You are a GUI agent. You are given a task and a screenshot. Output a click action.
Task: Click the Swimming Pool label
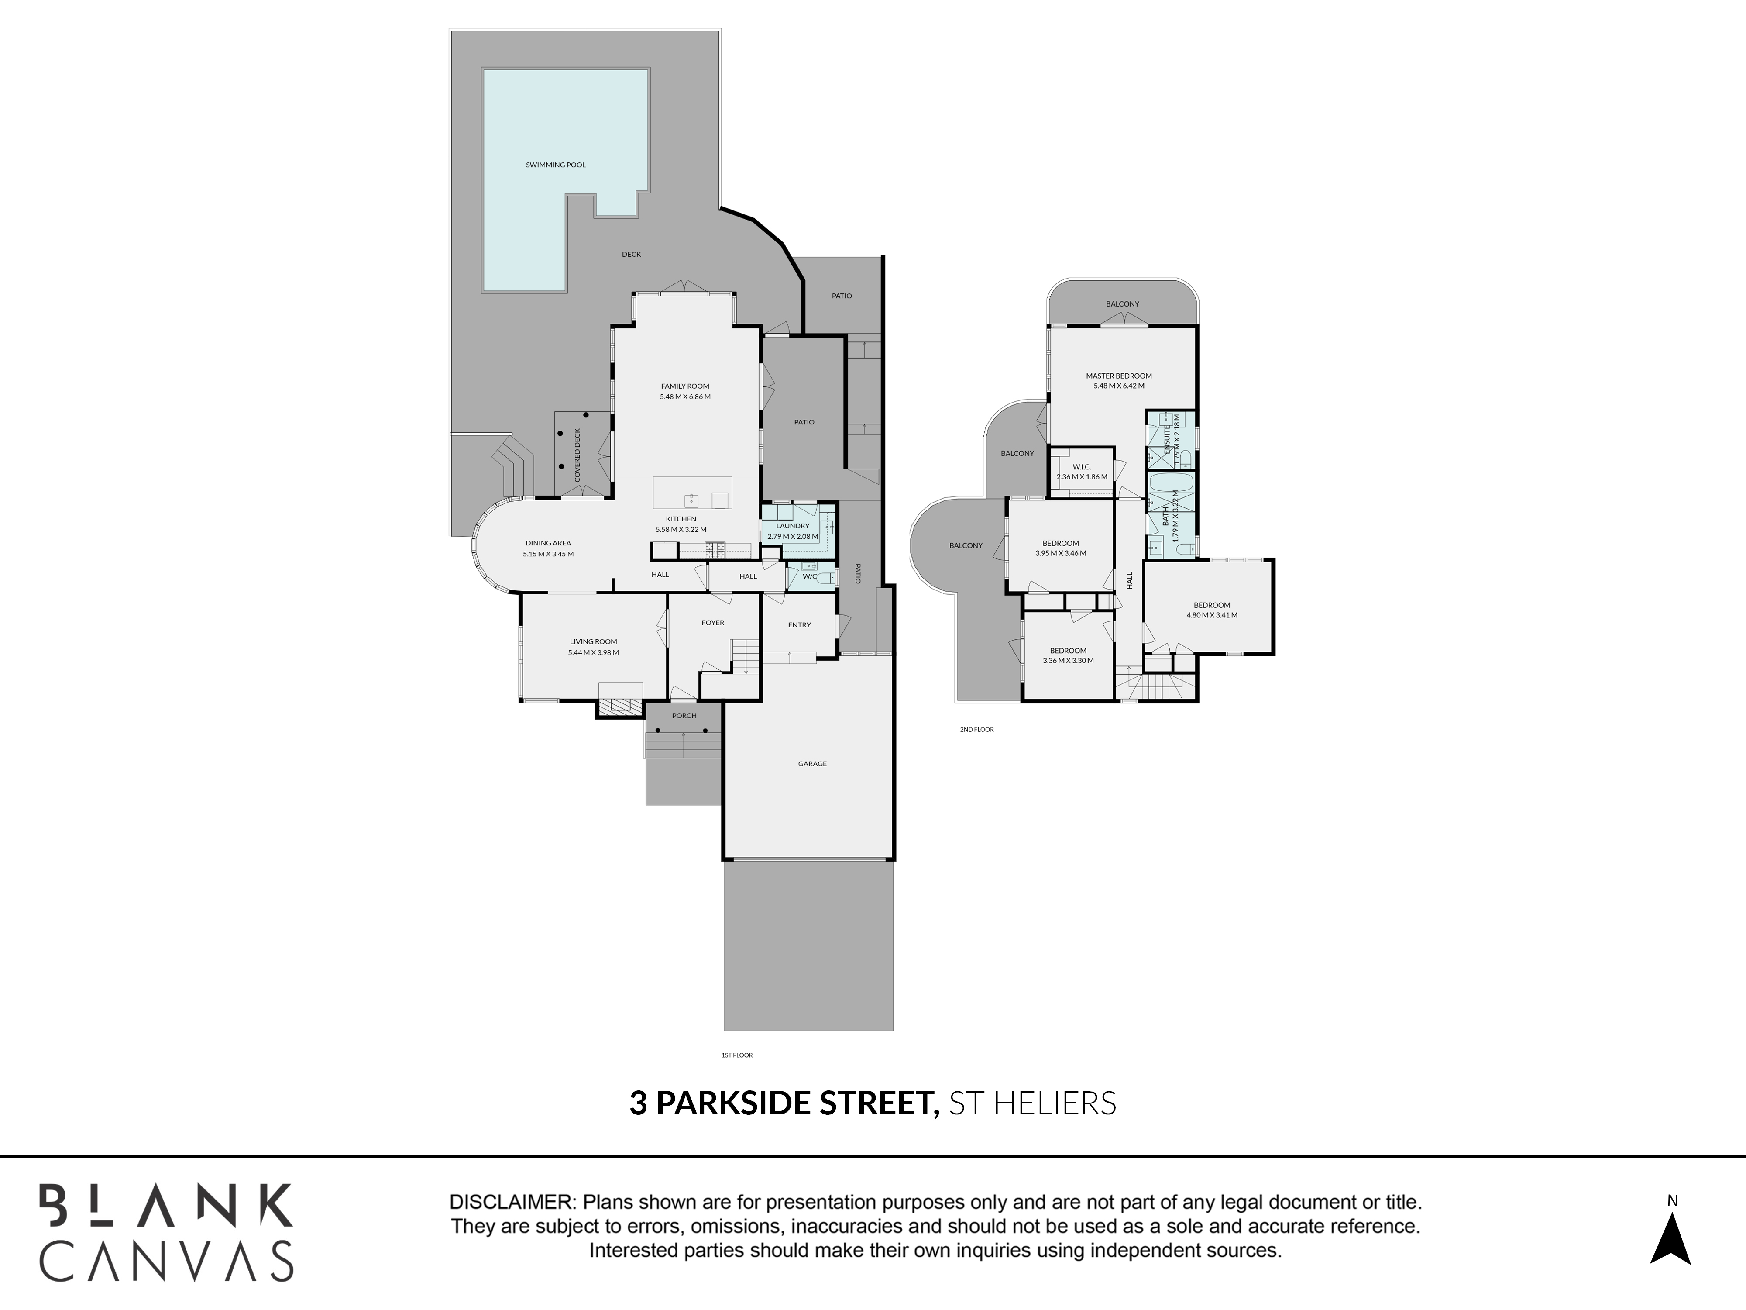tap(556, 165)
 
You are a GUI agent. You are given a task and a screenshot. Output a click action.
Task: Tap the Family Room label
tap(685, 386)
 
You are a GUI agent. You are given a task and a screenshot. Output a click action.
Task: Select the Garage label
tap(812, 764)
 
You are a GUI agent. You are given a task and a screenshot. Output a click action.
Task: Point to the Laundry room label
tap(793, 526)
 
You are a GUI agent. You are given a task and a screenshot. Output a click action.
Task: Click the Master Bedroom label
tap(1118, 376)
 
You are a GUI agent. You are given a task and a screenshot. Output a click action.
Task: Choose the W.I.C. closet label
tap(1081, 467)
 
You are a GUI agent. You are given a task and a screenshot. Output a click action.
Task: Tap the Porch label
tap(684, 715)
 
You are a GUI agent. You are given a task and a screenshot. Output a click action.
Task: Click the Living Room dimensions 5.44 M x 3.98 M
tap(594, 653)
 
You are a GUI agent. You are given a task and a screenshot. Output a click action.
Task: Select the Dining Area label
tap(548, 543)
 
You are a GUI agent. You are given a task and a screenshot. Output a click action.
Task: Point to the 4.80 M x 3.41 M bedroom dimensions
tap(1212, 615)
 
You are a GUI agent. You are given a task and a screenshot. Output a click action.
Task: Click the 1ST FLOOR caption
tap(737, 1055)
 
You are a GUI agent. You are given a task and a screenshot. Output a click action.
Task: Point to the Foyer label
tap(713, 623)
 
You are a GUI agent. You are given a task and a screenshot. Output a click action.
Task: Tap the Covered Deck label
tap(578, 455)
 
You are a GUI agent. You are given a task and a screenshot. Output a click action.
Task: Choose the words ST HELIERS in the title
tap(1032, 1103)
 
